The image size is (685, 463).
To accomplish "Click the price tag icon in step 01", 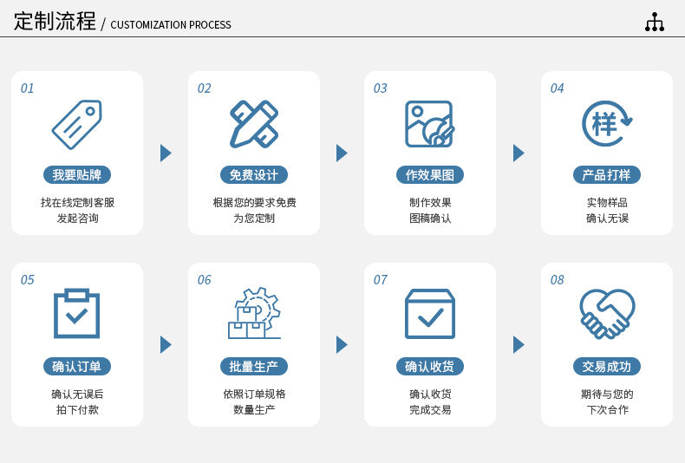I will [x=76, y=124].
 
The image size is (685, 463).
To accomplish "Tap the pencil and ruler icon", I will [x=253, y=124].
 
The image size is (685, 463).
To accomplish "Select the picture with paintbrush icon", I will [x=429, y=124].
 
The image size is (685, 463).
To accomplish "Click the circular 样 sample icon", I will [x=606, y=124].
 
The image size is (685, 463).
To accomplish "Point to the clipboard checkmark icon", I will [x=76, y=313].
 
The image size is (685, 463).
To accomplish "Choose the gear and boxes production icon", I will [x=253, y=313].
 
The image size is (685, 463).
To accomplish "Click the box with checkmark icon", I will [x=429, y=313].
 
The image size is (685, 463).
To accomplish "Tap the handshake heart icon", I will [x=606, y=313].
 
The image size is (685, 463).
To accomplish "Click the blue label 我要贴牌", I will [x=76, y=175].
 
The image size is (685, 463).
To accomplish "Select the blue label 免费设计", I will [x=253, y=175].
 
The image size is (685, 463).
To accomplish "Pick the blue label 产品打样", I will [x=606, y=175].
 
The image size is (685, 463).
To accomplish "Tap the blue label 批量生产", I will [x=253, y=367].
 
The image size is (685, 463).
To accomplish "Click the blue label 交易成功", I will [x=606, y=367].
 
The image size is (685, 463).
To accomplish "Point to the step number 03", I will [x=381, y=88].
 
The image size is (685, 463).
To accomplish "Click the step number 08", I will [x=557, y=280].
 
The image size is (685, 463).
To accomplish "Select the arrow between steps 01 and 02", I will [x=166, y=153].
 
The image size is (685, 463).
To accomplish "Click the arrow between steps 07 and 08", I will [x=519, y=345].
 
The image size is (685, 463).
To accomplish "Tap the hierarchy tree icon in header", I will [x=655, y=23].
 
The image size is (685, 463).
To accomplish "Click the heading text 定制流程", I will [x=55, y=22].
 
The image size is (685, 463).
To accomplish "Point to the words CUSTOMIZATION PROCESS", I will [x=171, y=25].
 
